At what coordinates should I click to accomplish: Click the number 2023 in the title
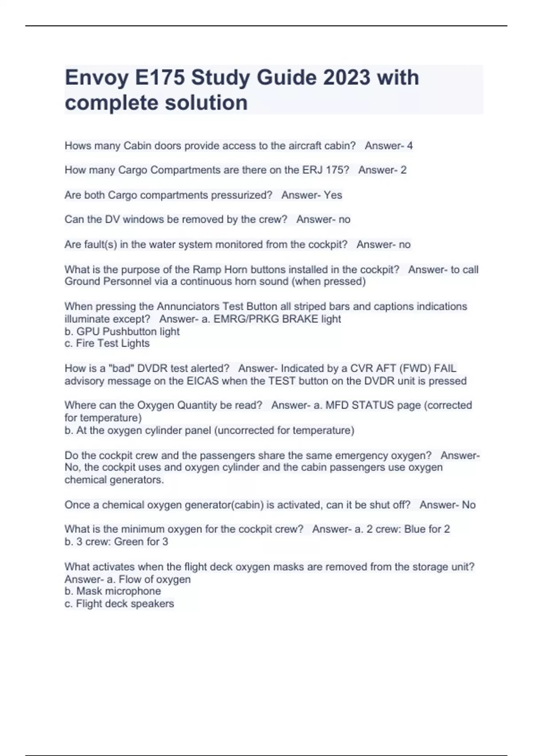click(346, 78)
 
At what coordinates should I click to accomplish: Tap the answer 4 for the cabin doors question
click(410, 145)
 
